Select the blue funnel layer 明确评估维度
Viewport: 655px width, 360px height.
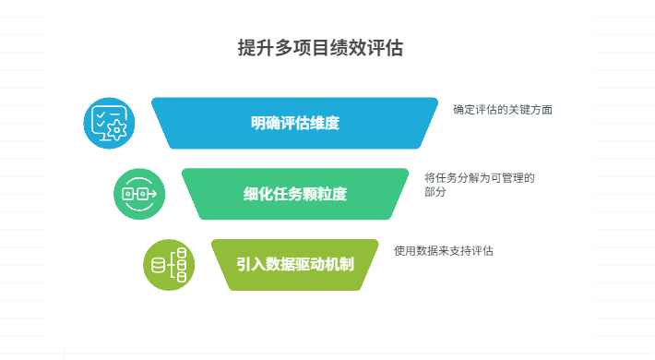click(x=294, y=123)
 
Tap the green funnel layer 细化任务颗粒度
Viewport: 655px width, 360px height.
click(x=295, y=194)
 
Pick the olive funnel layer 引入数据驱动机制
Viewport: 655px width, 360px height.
click(x=295, y=264)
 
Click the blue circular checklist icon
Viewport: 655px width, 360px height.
click(x=110, y=123)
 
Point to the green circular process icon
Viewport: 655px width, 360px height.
click(x=139, y=194)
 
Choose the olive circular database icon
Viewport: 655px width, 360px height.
click(x=169, y=265)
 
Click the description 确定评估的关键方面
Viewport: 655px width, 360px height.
click(x=503, y=109)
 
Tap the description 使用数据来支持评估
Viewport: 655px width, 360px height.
click(x=443, y=250)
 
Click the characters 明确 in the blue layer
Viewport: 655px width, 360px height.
click(x=262, y=123)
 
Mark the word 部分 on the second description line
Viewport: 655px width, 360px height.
click(x=435, y=192)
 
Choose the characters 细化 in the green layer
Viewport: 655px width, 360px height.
click(x=256, y=194)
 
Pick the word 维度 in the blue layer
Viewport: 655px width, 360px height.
click(x=327, y=123)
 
